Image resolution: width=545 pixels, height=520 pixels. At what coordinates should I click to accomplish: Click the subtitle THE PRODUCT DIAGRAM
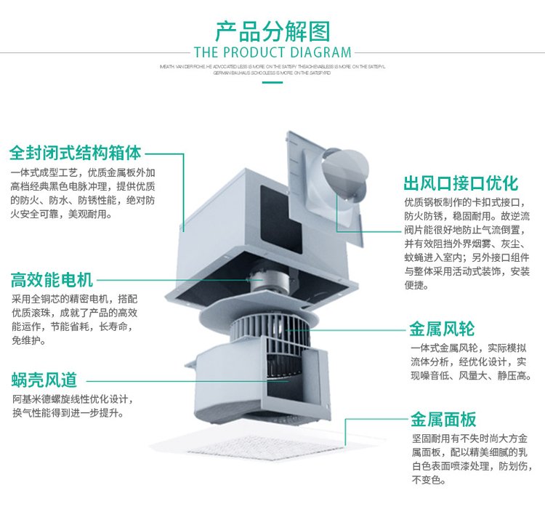tap(272, 52)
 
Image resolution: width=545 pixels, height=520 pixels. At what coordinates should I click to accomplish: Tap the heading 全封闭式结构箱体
tap(75, 153)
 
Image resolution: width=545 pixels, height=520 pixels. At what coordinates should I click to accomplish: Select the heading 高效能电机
tap(52, 279)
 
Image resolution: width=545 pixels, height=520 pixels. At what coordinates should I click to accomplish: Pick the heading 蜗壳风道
tap(44, 379)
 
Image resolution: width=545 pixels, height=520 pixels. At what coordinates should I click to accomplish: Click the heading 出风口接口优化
tap(461, 182)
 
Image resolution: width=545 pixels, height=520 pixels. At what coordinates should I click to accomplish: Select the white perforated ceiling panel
tap(247, 440)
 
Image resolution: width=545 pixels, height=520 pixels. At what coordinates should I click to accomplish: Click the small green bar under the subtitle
tap(272, 81)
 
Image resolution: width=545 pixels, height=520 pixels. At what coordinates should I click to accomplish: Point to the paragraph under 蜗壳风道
tap(73, 406)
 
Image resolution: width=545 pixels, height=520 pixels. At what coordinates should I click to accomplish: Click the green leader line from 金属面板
tap(363, 420)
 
